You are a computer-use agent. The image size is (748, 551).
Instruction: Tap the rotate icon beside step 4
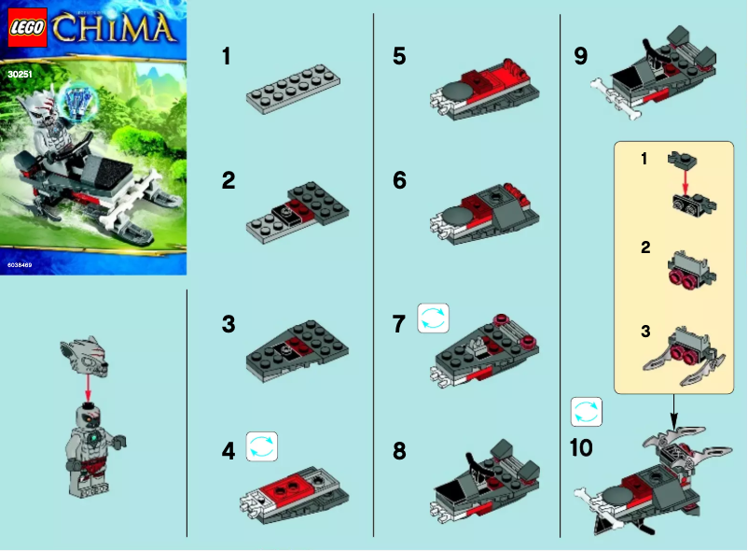click(x=262, y=446)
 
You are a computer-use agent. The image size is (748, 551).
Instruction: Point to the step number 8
click(x=399, y=452)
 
